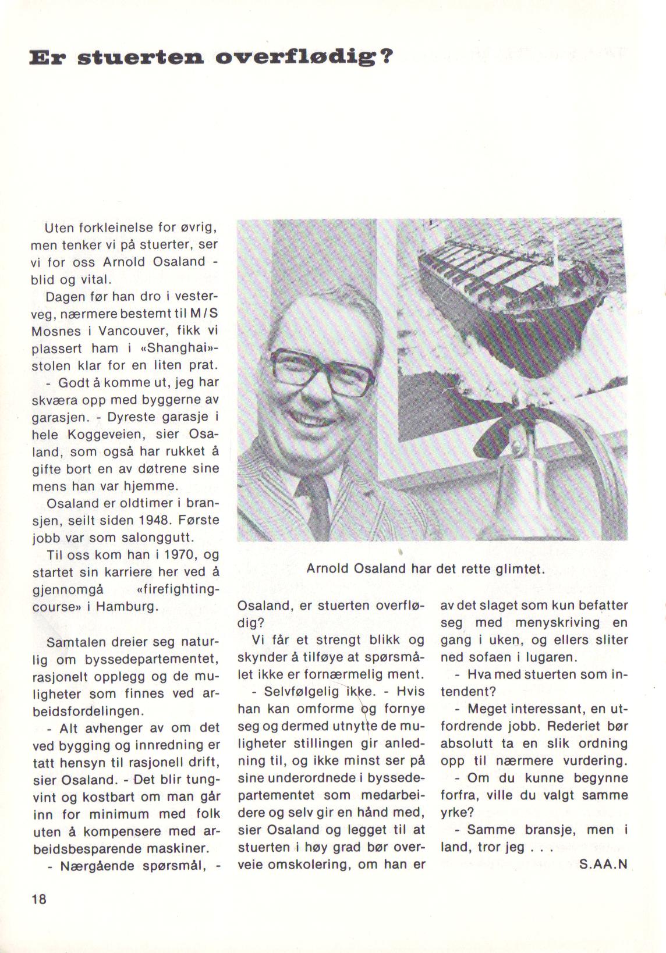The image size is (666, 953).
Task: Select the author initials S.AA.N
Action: (x=604, y=864)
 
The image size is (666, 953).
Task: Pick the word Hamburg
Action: (x=126, y=607)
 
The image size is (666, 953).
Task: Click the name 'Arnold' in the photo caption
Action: (x=327, y=568)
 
